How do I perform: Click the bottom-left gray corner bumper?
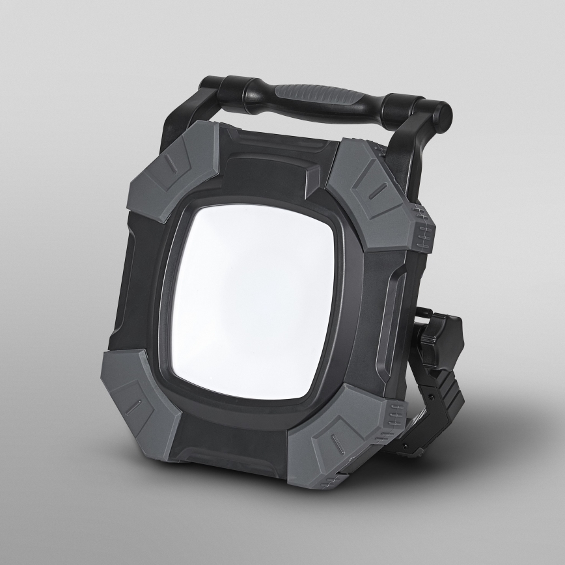tap(140, 397)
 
